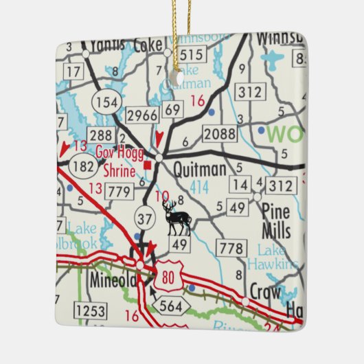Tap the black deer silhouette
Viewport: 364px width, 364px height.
tap(177, 219)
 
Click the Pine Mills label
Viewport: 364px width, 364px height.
tap(276, 223)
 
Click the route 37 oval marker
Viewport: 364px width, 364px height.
tap(145, 218)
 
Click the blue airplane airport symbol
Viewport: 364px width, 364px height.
tap(273, 59)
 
